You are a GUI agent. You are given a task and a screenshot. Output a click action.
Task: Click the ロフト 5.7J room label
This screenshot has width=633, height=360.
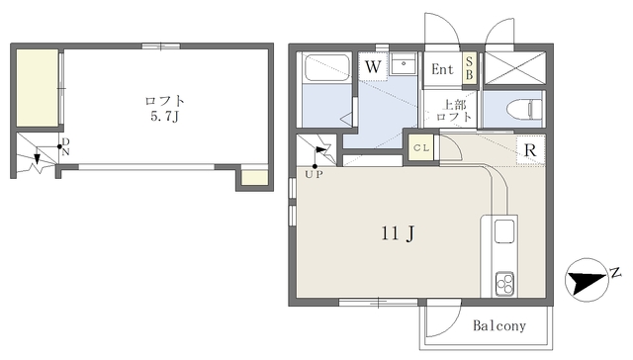tap(165, 109)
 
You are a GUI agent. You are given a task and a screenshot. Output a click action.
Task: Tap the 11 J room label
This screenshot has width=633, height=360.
tap(398, 233)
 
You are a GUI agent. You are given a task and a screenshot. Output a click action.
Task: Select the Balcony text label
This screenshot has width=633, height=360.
tap(499, 325)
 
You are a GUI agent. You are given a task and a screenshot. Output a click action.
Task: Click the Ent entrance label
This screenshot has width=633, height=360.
tap(442, 69)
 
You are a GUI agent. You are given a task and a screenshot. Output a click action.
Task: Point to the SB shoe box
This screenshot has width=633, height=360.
tap(470, 68)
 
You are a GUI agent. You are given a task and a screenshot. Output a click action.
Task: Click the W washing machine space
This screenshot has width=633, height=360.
tap(373, 66)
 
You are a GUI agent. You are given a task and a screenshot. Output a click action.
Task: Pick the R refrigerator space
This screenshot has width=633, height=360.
tap(530, 150)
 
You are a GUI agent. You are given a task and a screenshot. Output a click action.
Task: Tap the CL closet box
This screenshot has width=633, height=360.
tap(421, 147)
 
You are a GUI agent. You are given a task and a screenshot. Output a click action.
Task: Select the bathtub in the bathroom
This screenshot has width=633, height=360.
tap(327, 68)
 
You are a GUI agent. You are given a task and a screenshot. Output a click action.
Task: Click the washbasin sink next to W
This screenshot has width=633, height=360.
tap(404, 63)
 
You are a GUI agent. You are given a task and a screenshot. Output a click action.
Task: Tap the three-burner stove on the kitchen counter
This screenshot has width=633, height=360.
tap(504, 283)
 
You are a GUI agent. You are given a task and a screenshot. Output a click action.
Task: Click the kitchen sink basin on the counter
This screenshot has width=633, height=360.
tap(504, 231)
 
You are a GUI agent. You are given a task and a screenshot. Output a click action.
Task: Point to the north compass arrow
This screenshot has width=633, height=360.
tap(587, 281)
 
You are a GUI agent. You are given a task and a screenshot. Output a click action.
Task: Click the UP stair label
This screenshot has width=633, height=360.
tap(315, 175)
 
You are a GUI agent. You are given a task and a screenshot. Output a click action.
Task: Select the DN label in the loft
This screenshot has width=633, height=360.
tap(65, 146)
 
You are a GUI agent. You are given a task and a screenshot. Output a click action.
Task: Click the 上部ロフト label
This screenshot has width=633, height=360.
tap(454, 111)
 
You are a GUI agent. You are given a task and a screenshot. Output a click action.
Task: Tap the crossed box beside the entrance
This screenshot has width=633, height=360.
tap(514, 68)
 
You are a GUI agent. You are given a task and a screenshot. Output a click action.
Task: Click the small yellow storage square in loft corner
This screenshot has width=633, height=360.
tap(255, 178)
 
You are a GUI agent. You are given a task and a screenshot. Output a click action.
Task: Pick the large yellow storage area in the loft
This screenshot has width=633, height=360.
tap(38, 88)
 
